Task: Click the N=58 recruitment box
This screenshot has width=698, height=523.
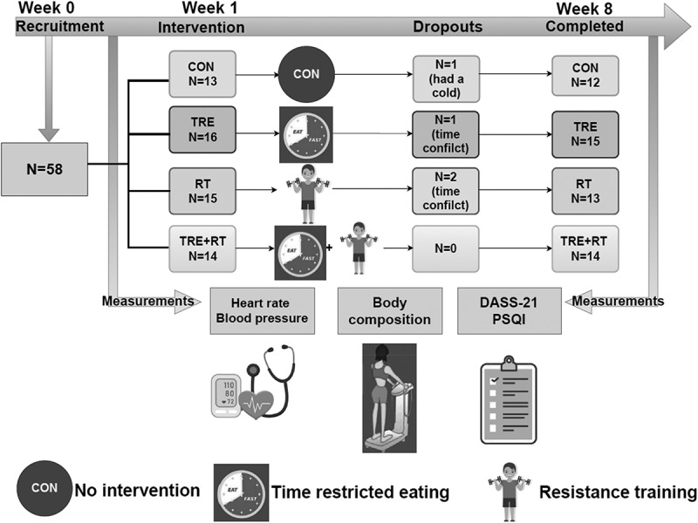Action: click(x=49, y=164)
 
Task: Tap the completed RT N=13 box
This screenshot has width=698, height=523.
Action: click(x=585, y=190)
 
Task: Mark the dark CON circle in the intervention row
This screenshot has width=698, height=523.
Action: click(x=306, y=76)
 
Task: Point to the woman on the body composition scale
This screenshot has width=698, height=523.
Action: click(x=389, y=397)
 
